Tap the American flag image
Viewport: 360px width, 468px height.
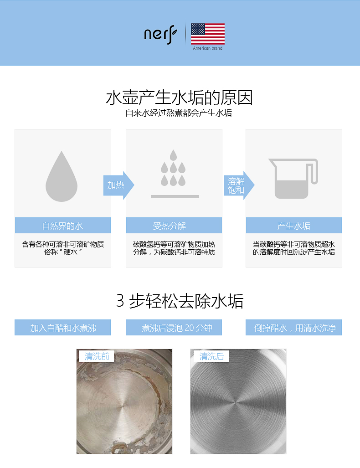208,34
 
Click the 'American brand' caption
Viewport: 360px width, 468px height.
207,48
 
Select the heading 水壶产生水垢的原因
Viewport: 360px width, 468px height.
180,98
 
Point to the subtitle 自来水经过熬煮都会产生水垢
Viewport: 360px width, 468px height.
179,113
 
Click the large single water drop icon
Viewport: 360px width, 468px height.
62,176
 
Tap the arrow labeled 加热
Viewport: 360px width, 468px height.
119,185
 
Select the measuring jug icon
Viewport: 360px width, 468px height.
293,179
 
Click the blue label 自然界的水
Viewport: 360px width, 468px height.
63,226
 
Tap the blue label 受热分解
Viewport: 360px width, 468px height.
174,226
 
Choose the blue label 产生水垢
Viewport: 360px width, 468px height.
294,226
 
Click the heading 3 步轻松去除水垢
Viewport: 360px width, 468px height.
180,301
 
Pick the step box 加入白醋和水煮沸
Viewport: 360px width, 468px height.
63,328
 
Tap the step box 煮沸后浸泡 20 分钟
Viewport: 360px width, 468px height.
174,328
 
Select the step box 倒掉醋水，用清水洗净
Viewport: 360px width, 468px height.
294,328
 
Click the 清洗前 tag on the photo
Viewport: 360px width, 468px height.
97,356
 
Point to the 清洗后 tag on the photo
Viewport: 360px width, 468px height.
211,356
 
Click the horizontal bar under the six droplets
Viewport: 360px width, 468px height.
175,196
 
